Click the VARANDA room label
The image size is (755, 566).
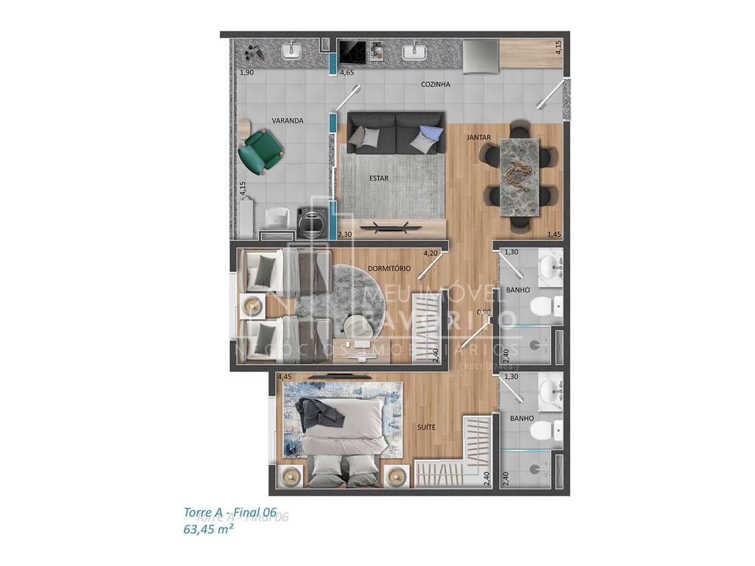(288, 121)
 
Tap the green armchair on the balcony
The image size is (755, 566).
(261, 150)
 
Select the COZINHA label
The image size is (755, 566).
(435, 85)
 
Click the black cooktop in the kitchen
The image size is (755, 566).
(352, 52)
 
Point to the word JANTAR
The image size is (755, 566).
(479, 138)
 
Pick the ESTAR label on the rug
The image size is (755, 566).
(378, 178)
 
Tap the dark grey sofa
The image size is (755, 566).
(396, 133)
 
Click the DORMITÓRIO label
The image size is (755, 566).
(389, 268)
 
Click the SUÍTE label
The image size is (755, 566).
(425, 427)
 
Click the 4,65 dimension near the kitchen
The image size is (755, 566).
(347, 74)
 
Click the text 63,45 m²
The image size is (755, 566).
(209, 528)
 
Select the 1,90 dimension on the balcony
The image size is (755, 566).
(246, 74)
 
